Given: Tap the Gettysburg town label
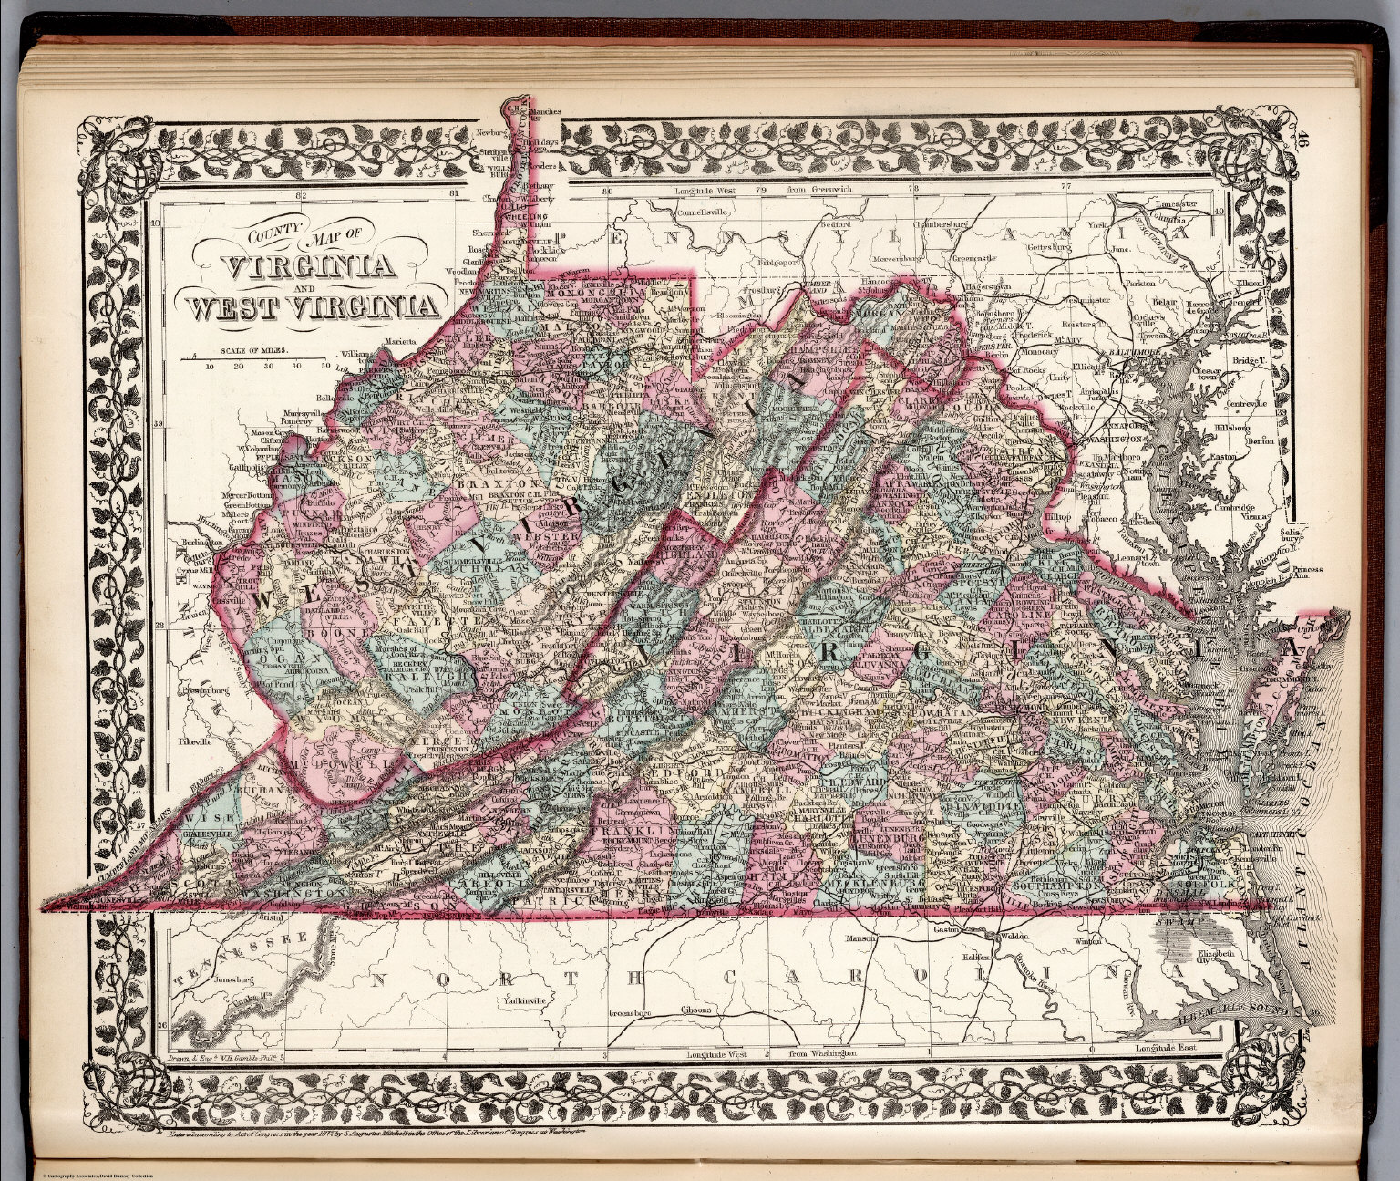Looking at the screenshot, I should pyautogui.click(x=1051, y=247).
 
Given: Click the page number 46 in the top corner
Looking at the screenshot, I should pyautogui.click(x=1305, y=141).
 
